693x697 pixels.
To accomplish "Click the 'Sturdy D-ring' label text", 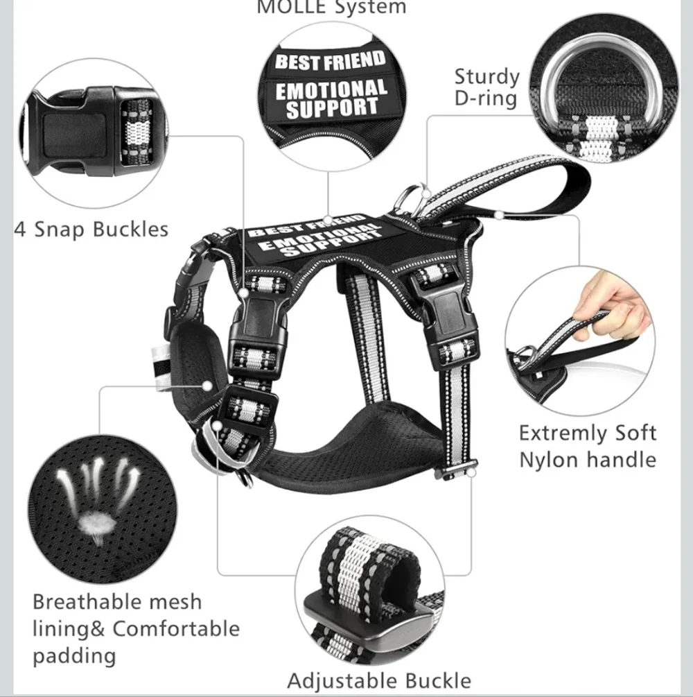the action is coord(487,87).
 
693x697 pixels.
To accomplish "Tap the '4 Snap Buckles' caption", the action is coord(91,230).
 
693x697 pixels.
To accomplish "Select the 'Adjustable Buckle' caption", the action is coord(379,680).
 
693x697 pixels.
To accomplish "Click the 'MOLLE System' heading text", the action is coord(331,7).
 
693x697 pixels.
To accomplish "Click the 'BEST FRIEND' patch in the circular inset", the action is coord(330,61).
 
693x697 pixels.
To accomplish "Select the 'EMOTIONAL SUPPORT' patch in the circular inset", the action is coord(331,98).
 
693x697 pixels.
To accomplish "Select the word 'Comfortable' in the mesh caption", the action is coord(176,629).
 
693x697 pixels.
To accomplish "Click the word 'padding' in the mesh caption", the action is coord(74,656).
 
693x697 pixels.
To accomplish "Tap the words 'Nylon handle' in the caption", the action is coord(588,460).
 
